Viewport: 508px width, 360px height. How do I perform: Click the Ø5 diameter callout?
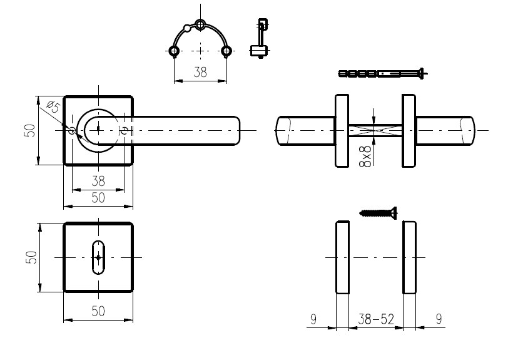[x=53, y=107]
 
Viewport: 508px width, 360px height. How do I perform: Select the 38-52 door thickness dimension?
[x=376, y=319]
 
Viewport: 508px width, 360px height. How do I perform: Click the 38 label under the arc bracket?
[x=200, y=72]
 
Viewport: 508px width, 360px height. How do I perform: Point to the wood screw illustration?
[x=378, y=213]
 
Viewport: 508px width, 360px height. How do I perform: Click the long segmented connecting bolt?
[x=383, y=74]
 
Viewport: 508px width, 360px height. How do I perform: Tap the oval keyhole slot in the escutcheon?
[x=98, y=257]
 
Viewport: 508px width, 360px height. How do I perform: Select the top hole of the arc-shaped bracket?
[x=200, y=24]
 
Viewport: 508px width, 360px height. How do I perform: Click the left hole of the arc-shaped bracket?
[x=175, y=51]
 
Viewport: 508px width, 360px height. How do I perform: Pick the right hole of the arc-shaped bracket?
[x=226, y=51]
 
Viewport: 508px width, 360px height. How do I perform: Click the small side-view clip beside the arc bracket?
[x=260, y=38]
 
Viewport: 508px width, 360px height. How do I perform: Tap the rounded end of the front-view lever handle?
[x=236, y=130]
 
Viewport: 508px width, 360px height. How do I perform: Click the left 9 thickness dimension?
[x=313, y=319]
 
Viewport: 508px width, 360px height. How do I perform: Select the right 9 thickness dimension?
[x=439, y=319]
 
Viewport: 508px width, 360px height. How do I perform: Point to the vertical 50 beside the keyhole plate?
[x=31, y=257]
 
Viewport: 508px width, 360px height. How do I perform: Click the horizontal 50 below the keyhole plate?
[x=98, y=311]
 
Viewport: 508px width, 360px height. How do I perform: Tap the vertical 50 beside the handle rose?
[x=29, y=130]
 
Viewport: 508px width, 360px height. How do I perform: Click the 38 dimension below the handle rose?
[x=98, y=182]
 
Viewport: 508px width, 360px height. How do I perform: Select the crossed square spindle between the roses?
[x=375, y=130]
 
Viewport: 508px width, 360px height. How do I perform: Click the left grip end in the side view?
[x=305, y=131]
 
